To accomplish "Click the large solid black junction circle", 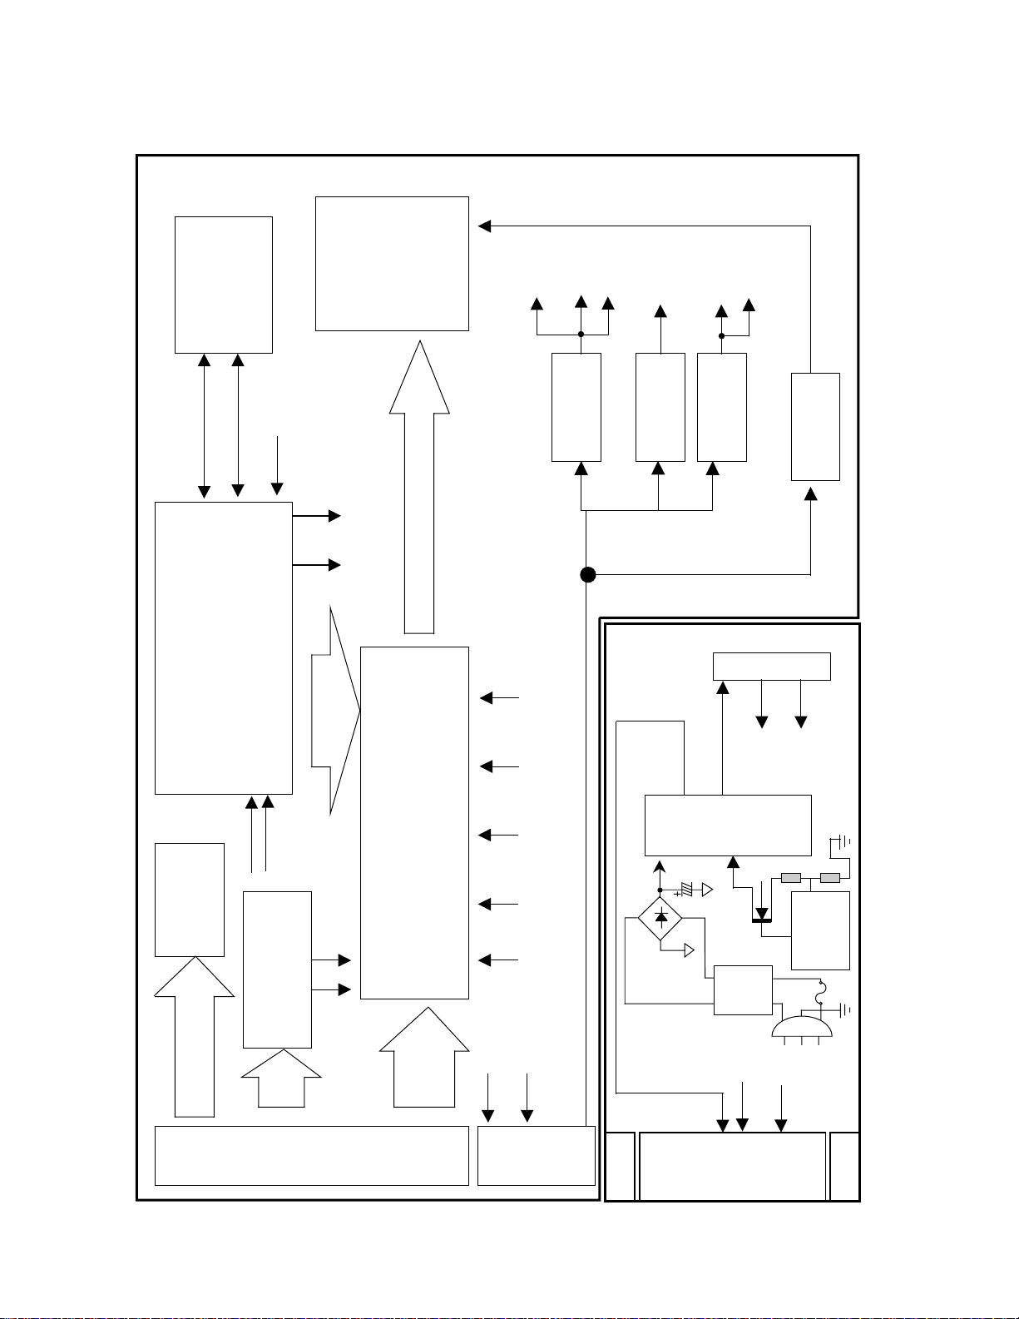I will pos(587,574).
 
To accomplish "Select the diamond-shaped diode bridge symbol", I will pos(660,918).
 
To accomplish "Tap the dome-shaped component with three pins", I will pos(802,1028).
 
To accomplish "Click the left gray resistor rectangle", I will pos(791,878).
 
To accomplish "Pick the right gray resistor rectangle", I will pos(829,878).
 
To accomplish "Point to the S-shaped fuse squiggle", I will pos(821,993).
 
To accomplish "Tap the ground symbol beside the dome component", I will pos(845,1009).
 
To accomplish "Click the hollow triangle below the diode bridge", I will pos(689,950).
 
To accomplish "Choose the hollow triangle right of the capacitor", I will pos(707,890).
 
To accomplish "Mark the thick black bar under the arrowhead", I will pos(761,920).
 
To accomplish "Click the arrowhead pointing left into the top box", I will pos(484,226).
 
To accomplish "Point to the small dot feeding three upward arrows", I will pos(581,335).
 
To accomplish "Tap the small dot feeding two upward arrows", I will pos(721,336).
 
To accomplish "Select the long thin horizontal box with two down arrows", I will pos(771,666).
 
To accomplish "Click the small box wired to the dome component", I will pos(743,990).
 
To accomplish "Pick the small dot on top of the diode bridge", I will pos(660,890).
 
